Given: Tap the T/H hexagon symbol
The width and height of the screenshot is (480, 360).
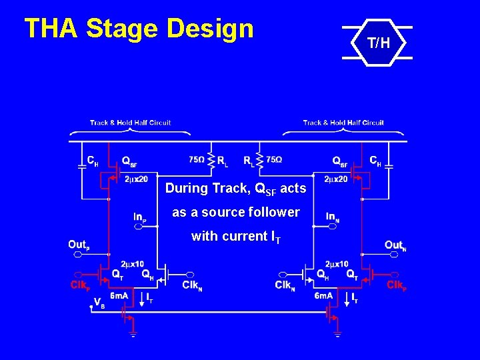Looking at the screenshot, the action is pos(377,44).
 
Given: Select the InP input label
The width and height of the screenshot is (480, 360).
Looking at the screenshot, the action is pos(140,217).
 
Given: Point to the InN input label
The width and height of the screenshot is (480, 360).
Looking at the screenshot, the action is pos(333,217).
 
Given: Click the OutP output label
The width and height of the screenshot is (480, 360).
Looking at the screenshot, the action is pos(77,245).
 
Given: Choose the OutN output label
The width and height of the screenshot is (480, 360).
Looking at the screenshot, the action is pos(395,245).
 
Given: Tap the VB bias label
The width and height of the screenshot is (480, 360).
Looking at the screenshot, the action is pos(99,303).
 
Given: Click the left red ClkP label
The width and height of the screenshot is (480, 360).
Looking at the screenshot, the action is pos(80,285).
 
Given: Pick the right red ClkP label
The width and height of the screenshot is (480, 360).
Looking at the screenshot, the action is pos(397,285).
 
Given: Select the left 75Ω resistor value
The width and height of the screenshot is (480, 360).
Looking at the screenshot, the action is pos(197,160).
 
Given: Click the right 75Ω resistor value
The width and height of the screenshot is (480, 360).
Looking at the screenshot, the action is pos(273,160).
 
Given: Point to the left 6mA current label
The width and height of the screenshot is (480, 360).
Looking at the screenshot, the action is pos(119,295).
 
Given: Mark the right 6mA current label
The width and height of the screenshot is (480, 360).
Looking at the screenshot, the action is pos(323,295).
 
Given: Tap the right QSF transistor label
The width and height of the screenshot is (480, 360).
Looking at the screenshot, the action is pos(340,161).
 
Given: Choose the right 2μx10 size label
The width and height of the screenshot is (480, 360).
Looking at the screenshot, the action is pos(336,264).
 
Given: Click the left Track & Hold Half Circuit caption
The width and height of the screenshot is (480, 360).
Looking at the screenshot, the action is pos(130,123).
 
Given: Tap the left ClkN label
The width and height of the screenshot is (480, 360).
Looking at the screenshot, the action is pos(193,285).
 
